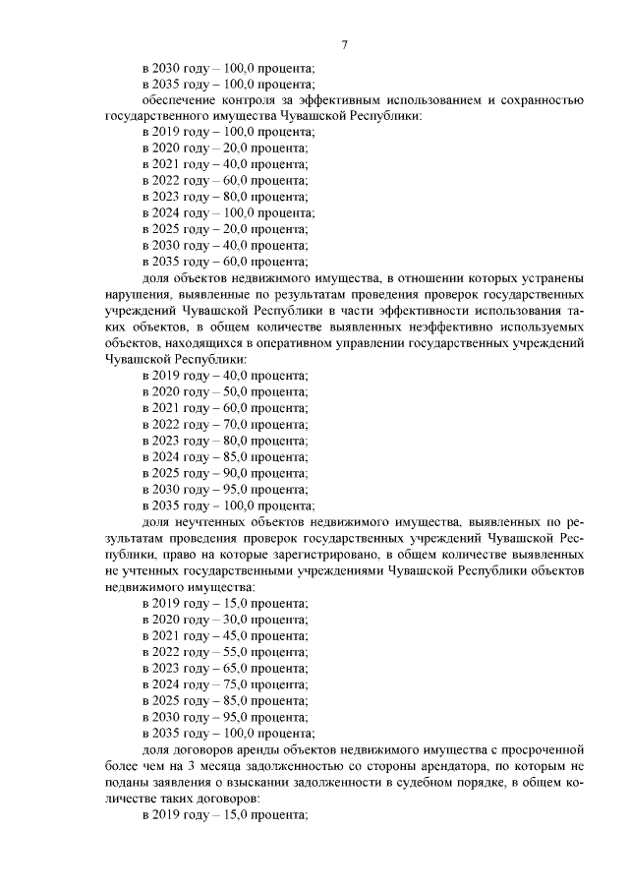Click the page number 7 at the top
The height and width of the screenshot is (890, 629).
pyautogui.click(x=345, y=45)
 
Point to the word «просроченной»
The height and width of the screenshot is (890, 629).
pyautogui.click(x=537, y=747)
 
